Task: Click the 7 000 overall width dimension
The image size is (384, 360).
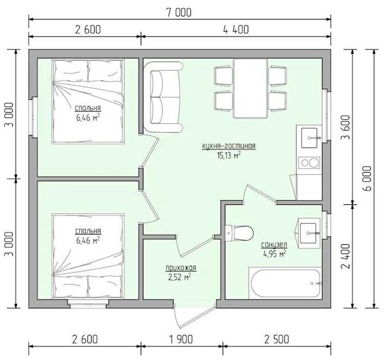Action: point(179,12)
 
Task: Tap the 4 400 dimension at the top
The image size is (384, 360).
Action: point(236,29)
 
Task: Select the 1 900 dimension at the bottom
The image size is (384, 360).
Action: point(181,339)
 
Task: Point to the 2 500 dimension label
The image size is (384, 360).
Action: point(276,339)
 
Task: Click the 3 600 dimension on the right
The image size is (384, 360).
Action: point(346,127)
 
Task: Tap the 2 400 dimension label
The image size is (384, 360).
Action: point(346,256)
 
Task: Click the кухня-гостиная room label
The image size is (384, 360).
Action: point(229,146)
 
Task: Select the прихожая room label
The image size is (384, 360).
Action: point(181,268)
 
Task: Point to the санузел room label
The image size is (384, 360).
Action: point(274,245)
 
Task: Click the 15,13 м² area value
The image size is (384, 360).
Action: point(228,155)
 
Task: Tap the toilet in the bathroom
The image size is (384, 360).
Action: point(239,233)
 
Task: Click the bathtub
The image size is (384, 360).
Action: point(286,283)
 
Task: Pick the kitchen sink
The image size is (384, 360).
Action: point(309,138)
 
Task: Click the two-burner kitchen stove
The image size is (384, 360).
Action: point(309,163)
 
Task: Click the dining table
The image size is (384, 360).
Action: point(250,89)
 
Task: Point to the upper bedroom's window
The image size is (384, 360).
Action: point(33,117)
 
